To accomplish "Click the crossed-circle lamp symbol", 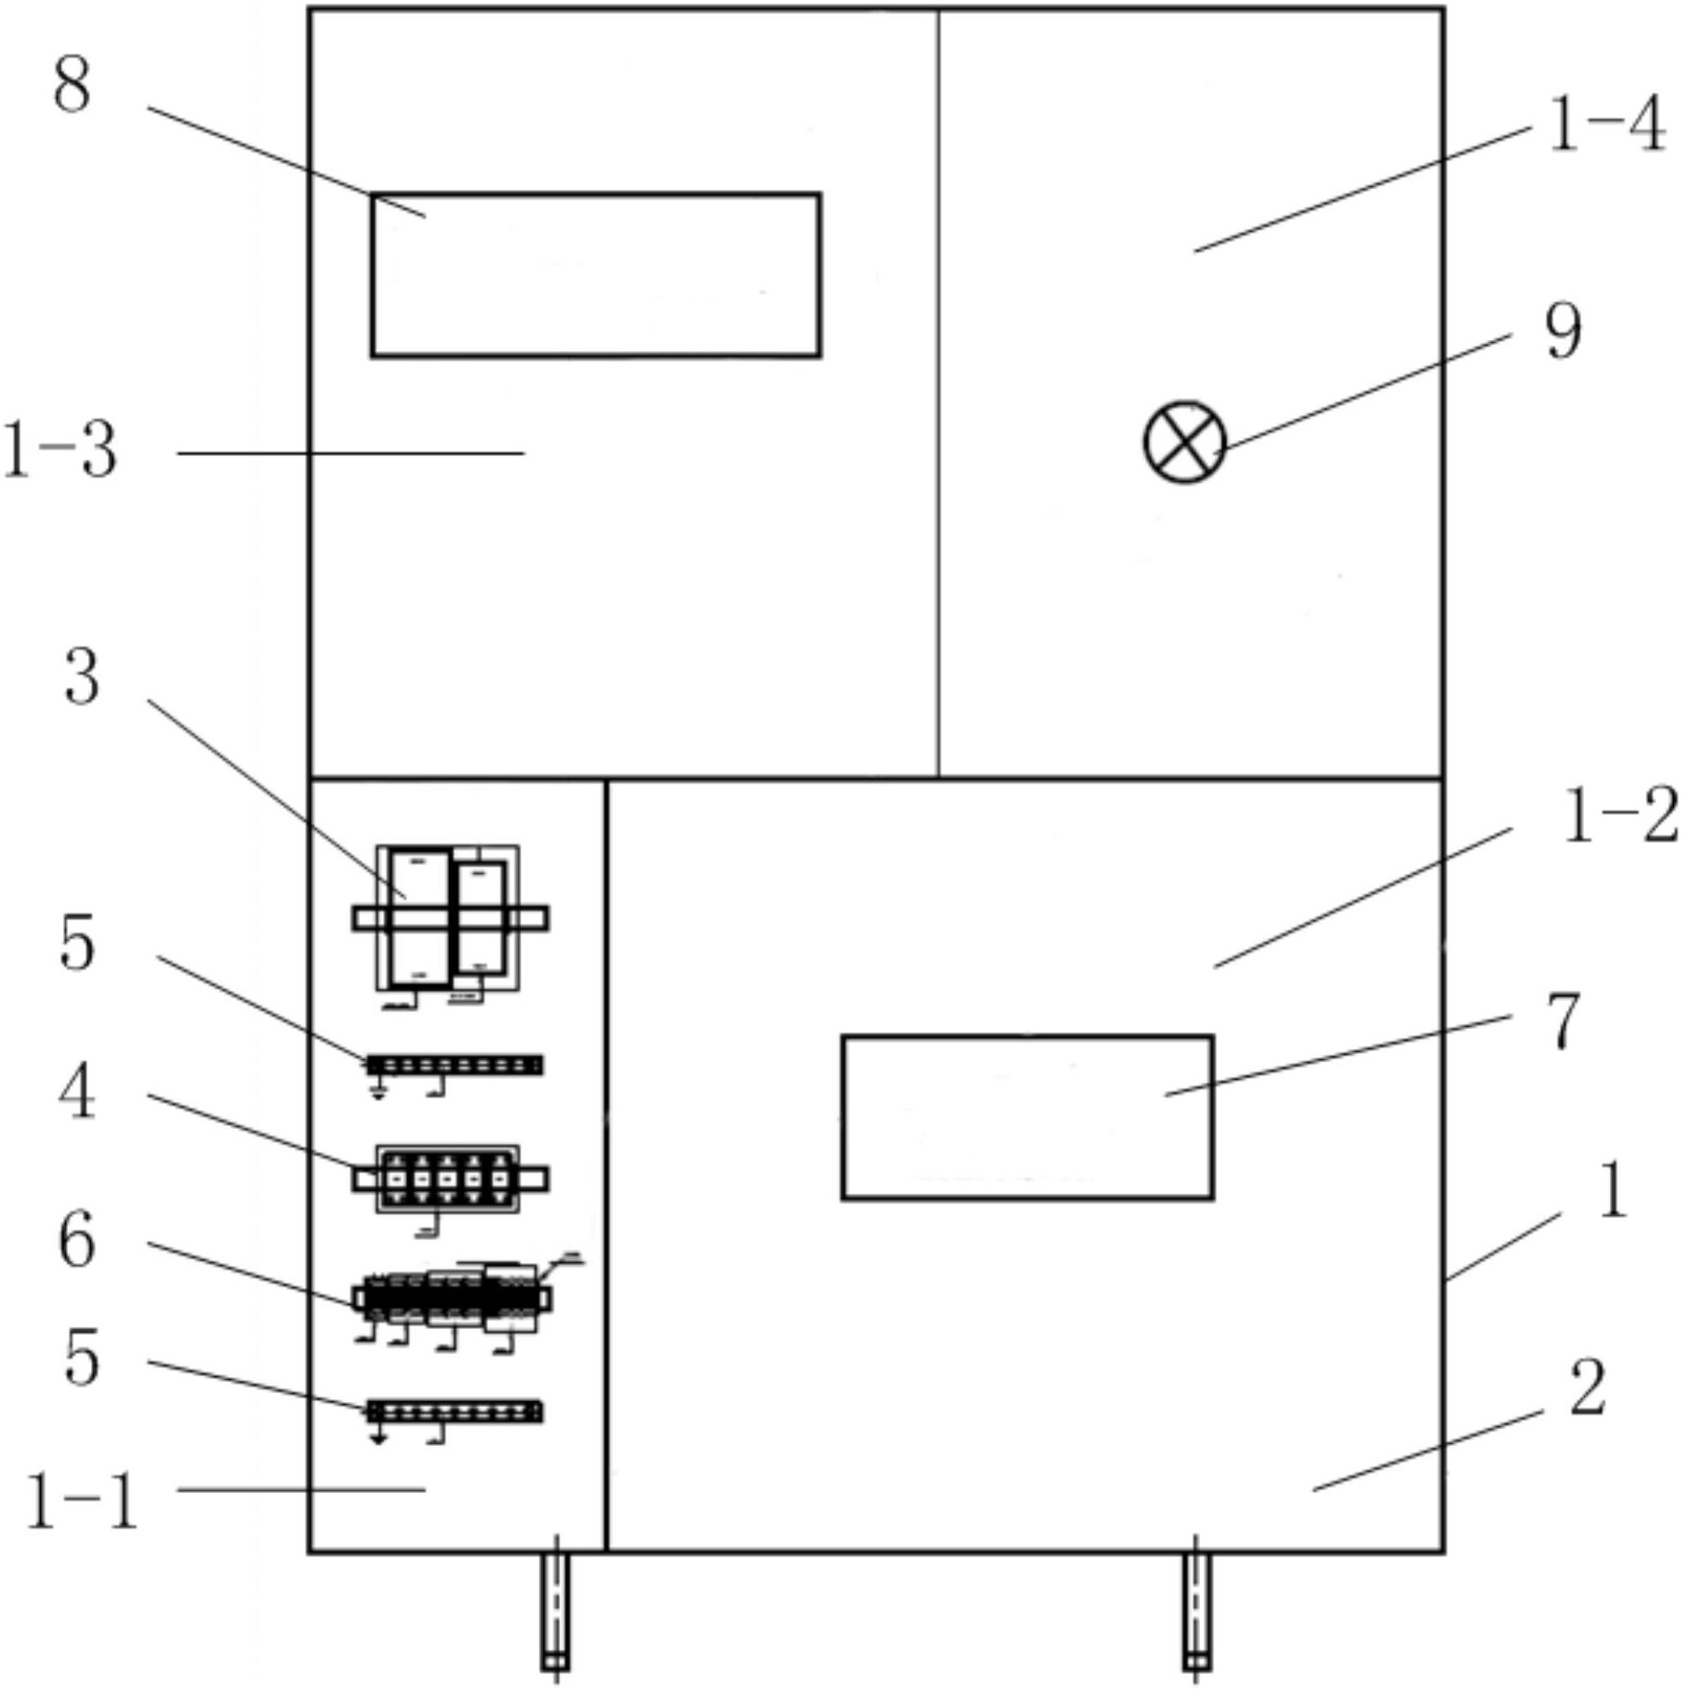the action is tap(1185, 443).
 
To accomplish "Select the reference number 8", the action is tap(72, 87).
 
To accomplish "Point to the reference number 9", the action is tap(1563, 331).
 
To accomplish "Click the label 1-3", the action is tap(61, 451).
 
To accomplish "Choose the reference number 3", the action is tap(82, 677).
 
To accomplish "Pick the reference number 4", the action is tap(78, 1094).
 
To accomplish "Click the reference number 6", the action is tap(78, 1242).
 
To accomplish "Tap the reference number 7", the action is tap(1563, 1022).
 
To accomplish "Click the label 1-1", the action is tap(83, 1502).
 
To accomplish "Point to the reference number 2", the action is tap(1587, 1388).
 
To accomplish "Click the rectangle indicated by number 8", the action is tap(595, 274).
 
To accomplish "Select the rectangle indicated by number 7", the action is tap(1027, 1117).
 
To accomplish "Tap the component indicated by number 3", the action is tap(449, 918).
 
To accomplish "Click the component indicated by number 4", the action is tap(449, 1179).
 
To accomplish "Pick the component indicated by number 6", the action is tap(453, 1299).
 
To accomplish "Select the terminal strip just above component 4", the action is tap(454, 1065).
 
